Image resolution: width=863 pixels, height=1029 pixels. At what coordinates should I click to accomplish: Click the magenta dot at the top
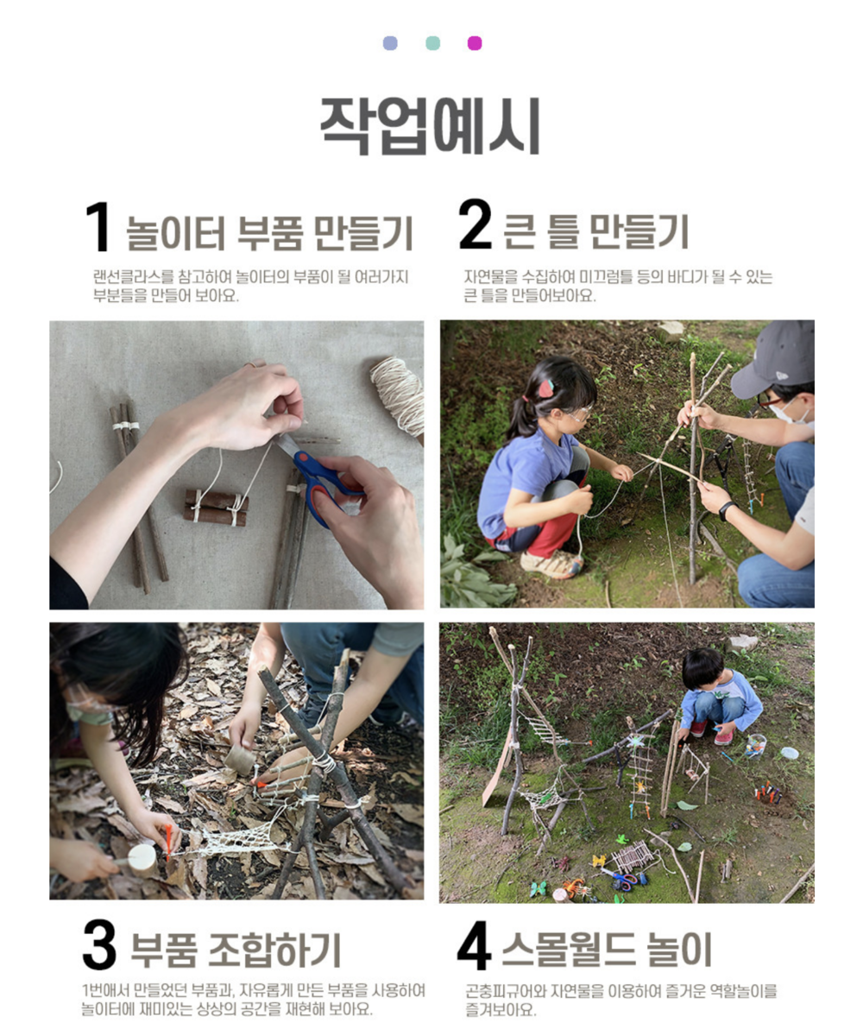click(475, 43)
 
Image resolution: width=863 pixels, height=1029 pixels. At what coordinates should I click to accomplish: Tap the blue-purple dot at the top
click(390, 43)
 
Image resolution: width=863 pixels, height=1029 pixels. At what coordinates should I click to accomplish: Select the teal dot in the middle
click(432, 43)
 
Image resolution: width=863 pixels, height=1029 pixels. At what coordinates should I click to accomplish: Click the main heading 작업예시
click(431, 126)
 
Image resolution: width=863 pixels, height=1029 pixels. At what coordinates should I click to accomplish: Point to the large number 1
click(98, 227)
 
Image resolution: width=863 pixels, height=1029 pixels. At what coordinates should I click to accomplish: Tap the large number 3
click(99, 944)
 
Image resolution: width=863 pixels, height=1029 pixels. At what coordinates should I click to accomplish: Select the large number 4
click(474, 945)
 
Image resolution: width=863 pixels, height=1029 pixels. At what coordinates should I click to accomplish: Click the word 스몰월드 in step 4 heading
click(570, 949)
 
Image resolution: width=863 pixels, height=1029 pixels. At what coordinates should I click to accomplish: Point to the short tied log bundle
click(216, 508)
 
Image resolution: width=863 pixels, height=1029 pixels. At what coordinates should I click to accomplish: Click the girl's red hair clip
click(546, 388)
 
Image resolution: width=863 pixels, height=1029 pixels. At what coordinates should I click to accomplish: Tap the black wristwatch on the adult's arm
click(725, 510)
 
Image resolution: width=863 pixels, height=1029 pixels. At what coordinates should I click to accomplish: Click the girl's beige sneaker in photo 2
click(552, 564)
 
